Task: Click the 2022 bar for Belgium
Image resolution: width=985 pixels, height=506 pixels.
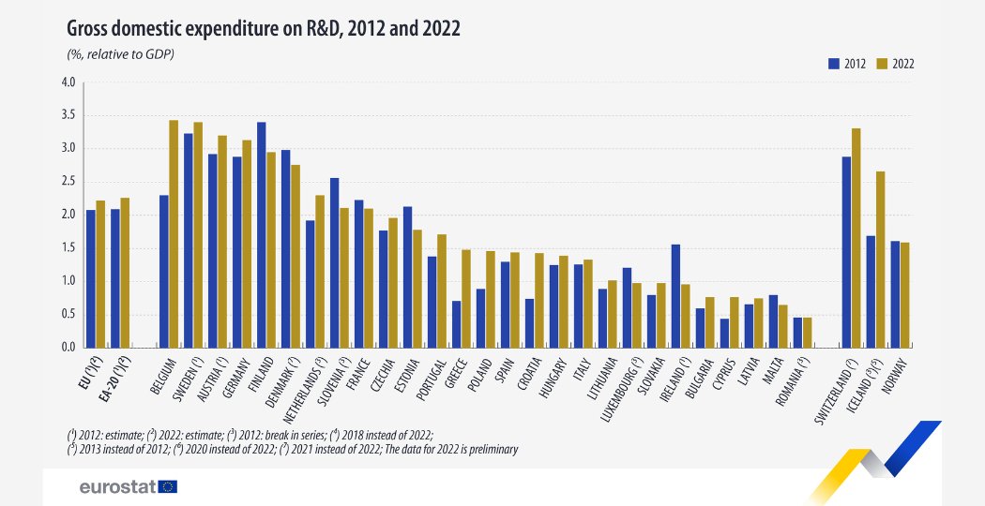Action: [174, 234]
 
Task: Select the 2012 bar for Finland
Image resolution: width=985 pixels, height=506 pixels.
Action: [261, 235]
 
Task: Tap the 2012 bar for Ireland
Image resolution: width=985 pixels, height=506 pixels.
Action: [675, 296]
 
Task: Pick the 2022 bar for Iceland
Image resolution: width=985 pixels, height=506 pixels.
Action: [880, 260]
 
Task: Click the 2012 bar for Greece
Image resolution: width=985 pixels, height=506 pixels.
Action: [456, 324]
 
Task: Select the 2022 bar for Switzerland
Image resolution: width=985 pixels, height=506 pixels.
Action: [856, 238]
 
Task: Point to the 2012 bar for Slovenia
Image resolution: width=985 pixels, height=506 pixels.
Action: [334, 262]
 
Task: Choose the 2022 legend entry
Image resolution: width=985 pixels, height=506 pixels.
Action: [897, 65]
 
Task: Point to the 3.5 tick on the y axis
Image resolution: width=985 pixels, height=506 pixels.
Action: [68, 115]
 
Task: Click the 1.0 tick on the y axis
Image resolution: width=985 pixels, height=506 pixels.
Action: [68, 281]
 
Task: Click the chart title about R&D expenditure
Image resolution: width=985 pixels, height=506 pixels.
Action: [263, 29]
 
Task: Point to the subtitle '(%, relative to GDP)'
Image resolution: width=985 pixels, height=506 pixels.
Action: [121, 54]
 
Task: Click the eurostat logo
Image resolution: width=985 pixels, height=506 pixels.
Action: [128, 486]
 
